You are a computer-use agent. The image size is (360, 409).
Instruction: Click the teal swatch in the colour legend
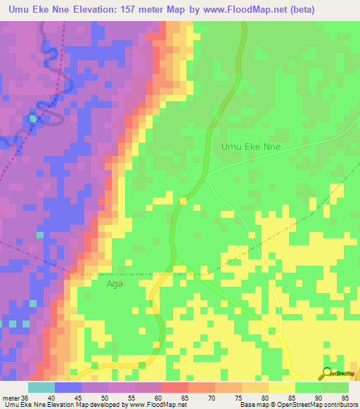point(41,387)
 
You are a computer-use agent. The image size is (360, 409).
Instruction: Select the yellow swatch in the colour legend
point(281,387)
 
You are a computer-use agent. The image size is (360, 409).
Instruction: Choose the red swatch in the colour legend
point(175,387)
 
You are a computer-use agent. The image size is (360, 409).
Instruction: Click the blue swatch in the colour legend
point(68,387)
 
